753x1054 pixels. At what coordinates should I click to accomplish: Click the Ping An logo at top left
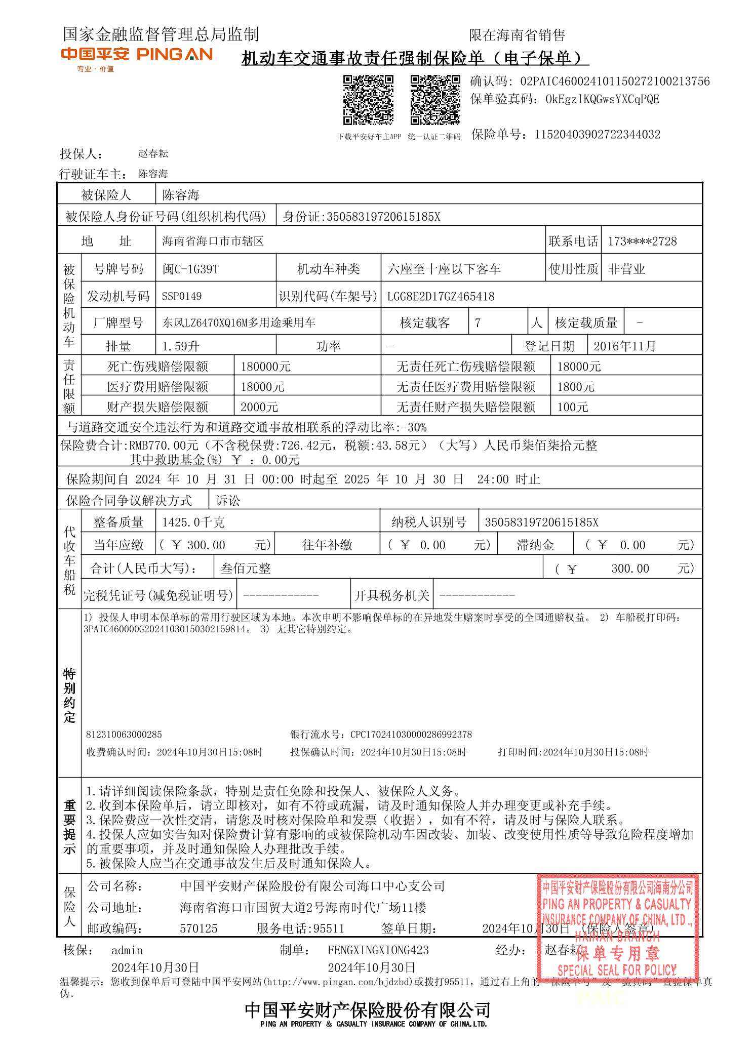point(136,55)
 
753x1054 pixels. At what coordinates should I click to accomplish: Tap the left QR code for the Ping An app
point(368,100)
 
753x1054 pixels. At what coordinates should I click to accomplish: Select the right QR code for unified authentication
point(434,100)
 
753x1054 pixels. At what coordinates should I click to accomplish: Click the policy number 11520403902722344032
point(597,135)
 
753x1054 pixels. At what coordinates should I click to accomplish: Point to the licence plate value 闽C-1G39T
point(190,269)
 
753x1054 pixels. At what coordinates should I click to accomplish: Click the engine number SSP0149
point(182,296)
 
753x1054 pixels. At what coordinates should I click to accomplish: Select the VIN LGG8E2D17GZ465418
point(441,296)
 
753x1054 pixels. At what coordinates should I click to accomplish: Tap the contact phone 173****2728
point(642,241)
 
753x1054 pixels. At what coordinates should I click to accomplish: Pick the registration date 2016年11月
point(624,346)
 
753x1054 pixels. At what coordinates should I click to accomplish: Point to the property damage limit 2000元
point(259,407)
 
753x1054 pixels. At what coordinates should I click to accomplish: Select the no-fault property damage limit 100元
point(572,407)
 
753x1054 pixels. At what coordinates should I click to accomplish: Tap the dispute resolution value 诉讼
point(228,501)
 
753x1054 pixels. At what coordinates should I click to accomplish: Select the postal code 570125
point(199,928)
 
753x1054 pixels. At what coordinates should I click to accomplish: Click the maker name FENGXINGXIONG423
point(378,950)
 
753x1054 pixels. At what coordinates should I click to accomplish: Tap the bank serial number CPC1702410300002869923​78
point(411,735)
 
